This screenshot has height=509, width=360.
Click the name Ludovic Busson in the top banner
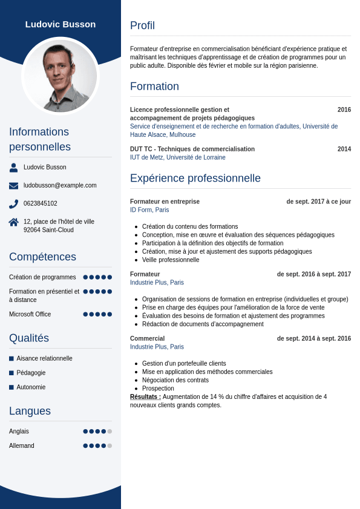(61, 24)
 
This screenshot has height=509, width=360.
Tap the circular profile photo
(61, 76)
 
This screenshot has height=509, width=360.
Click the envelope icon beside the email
(13, 185)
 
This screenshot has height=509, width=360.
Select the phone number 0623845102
(41, 203)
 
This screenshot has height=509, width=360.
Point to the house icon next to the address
(13, 222)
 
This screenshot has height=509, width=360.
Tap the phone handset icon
(13, 204)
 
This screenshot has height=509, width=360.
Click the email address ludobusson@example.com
(60, 185)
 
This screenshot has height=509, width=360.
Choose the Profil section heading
(142, 25)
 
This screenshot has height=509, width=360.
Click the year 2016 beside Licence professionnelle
(344, 110)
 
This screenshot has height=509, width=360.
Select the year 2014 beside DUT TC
(344, 149)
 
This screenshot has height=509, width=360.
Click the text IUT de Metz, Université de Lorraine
(177, 157)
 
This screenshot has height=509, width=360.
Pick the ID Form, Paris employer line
(149, 210)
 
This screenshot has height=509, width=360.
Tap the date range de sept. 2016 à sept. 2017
(313, 274)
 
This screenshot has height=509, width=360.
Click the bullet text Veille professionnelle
(171, 260)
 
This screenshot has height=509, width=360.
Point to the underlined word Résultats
(145, 397)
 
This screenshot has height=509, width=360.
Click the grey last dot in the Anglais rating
(110, 432)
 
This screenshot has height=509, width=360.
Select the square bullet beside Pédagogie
(11, 373)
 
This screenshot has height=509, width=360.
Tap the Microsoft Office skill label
(30, 314)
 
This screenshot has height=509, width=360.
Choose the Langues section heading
(30, 411)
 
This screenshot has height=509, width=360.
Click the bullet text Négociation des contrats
(175, 380)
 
